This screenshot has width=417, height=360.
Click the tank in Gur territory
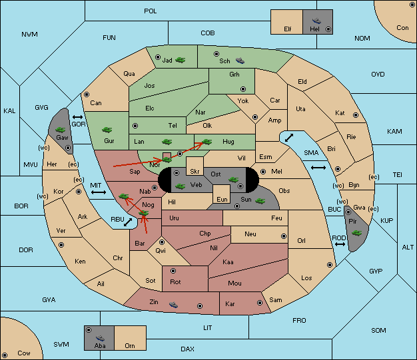coord(107,130)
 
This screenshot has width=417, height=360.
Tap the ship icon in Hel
coord(316,21)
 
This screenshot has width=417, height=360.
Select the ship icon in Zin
coord(173,305)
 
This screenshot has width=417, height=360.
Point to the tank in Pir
coord(356,233)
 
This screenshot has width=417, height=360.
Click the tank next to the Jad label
coord(181,60)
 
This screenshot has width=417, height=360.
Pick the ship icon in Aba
coord(101,338)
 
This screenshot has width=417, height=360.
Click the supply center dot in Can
coord(87,94)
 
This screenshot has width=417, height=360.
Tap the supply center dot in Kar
coord(260,303)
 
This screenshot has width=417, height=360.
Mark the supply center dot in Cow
coord(5,355)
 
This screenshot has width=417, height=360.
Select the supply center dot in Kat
coord(356,115)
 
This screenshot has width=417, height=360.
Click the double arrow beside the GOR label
coord(78,117)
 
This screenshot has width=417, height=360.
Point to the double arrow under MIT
coord(99,192)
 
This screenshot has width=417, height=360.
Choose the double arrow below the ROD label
coord(340,244)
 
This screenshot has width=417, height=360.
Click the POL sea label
coord(151,11)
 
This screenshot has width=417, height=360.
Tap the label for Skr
coord(195,172)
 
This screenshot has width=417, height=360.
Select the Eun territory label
coord(222,199)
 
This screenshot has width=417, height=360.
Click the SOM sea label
coord(378,330)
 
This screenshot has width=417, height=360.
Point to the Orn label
coord(130,345)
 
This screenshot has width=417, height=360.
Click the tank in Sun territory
coord(260,201)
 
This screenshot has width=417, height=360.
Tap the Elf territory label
coord(288,29)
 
